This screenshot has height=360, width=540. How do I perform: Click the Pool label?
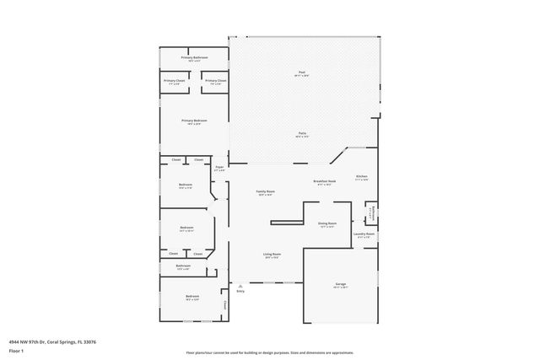pyautogui.click(x=301, y=73)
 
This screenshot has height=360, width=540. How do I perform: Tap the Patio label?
pyautogui.click(x=301, y=133)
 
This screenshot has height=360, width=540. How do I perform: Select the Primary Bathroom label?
pyautogui.click(x=193, y=57)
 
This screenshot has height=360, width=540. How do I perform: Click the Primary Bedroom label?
pyautogui.click(x=193, y=121)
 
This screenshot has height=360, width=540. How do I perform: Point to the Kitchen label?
pyautogui.click(x=361, y=177)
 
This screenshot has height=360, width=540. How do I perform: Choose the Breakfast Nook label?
pyautogui.click(x=325, y=182)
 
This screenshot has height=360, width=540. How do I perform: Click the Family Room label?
pyautogui.click(x=266, y=192)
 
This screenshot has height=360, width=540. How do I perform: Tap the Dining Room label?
pyautogui.click(x=327, y=223)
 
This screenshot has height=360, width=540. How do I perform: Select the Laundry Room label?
pyautogui.click(x=364, y=234)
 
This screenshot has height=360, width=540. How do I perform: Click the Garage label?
pyautogui.click(x=341, y=284)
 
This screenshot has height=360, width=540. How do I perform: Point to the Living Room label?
pyautogui.click(x=272, y=254)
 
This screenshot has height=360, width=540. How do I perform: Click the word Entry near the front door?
pyautogui.click(x=240, y=292)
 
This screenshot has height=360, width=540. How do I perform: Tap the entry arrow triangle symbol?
pyautogui.click(x=240, y=285)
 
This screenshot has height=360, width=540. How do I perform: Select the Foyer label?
pyautogui.click(x=219, y=168)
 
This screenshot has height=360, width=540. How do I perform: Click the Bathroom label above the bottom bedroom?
pyautogui.click(x=184, y=266)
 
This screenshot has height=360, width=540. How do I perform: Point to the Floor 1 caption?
pyautogui.click(x=17, y=350)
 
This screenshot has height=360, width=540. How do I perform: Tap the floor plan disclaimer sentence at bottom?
pyautogui.click(x=270, y=352)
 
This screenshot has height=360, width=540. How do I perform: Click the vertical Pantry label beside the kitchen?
pyautogui.click(x=371, y=212)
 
